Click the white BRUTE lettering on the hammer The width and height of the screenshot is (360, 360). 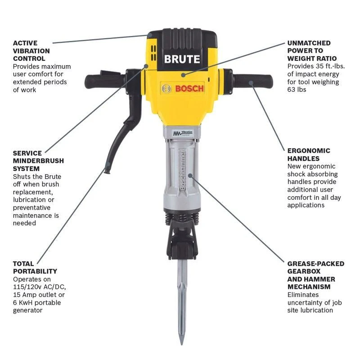(x=182, y=59)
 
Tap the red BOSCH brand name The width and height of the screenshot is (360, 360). (x=189, y=88)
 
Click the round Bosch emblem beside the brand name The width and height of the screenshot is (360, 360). (x=166, y=88)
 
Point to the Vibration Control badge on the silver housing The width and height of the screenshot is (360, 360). (x=183, y=133)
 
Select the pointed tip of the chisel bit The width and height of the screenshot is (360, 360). (x=182, y=344)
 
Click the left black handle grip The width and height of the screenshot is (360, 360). (x=104, y=81)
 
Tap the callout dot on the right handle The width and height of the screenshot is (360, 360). (x=251, y=83)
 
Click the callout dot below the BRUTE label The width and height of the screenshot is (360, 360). (x=183, y=75)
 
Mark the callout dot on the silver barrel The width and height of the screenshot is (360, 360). (x=190, y=175)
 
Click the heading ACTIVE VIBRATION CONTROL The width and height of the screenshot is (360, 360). (x=31, y=51)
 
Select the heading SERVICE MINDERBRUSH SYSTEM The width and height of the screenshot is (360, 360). (x=38, y=161)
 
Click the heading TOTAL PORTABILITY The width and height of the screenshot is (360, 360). (x=35, y=267)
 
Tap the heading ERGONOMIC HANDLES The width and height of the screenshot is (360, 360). (x=309, y=154)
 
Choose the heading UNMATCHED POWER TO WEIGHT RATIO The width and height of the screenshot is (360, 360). (x=312, y=51)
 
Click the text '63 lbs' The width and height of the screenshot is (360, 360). (x=297, y=90)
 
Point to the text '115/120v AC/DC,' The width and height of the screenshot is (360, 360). (x=39, y=287)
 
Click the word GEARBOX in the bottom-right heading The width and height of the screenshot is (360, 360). (x=304, y=271)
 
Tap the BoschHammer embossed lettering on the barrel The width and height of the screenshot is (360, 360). (x=182, y=170)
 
